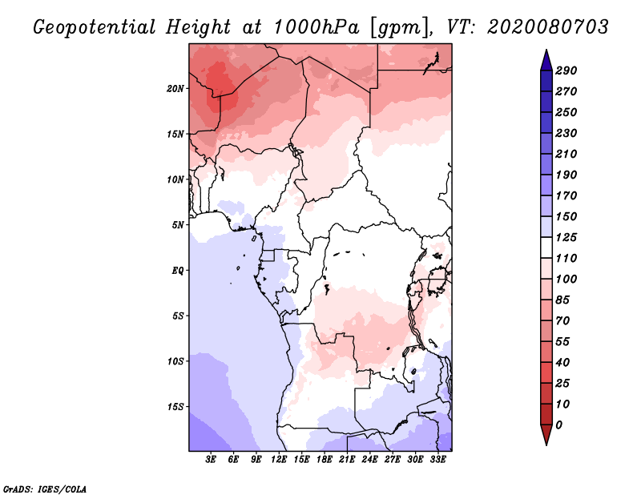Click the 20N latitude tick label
point(175,88)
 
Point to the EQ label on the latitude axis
point(178,270)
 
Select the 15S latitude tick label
point(175,406)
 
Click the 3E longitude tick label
point(212,460)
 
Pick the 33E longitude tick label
point(437,460)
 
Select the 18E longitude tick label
point(325,460)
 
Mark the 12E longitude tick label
point(279,460)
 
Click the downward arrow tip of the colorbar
point(545,443)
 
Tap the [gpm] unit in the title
point(394,26)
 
